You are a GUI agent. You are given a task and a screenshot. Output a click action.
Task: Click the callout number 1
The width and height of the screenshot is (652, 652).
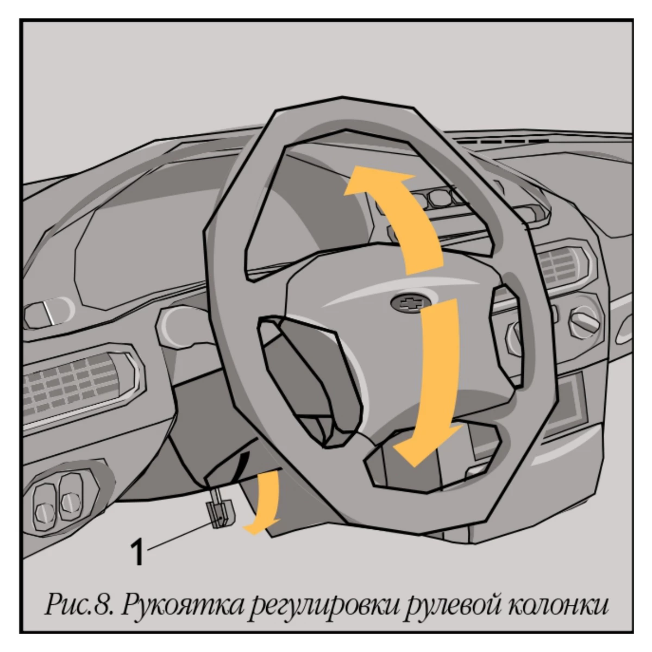click(x=137, y=552)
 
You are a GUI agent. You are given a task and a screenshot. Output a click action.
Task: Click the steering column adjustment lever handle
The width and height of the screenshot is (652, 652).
click(x=220, y=513)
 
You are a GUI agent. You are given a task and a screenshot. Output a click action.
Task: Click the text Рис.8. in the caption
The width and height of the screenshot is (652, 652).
click(x=79, y=605)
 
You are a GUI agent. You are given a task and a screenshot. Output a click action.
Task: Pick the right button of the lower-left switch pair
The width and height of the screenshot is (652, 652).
click(x=71, y=497)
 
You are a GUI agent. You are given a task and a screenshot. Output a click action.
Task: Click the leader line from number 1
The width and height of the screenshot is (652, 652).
click(x=184, y=534)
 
